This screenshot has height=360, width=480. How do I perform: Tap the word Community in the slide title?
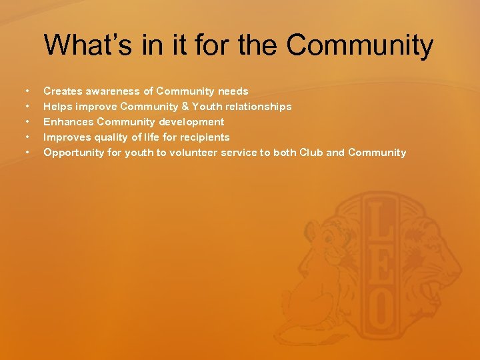coord(360,45)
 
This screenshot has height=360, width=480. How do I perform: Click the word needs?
coord(233,91)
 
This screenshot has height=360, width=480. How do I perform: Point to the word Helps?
coord(58,107)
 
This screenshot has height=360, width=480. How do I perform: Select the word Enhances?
coord(69,122)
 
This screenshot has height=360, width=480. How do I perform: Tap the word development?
coord(191,122)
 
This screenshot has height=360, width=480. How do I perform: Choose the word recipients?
coord(205,137)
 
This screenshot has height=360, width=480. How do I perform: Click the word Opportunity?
coord(73,153)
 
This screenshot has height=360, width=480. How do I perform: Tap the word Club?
coord(311,153)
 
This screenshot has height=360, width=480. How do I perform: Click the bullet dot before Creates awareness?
coord(27,91)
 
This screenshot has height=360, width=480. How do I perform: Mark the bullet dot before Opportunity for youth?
coord(27,153)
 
